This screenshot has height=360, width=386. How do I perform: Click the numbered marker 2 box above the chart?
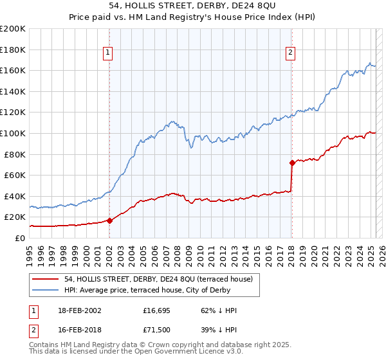tap(291, 53)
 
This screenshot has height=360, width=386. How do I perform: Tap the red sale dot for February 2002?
tap(109, 221)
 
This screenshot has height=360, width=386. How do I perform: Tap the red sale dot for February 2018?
tap(292, 163)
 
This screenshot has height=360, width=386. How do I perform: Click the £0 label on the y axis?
tap(20, 238)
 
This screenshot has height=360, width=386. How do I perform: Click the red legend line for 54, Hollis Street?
tap(46, 279)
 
